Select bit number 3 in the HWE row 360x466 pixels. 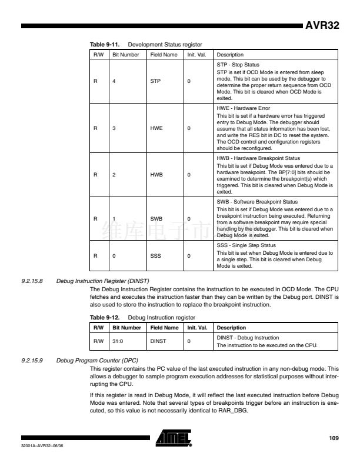(x=114, y=127)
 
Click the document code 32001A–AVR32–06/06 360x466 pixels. (x=41, y=445)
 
